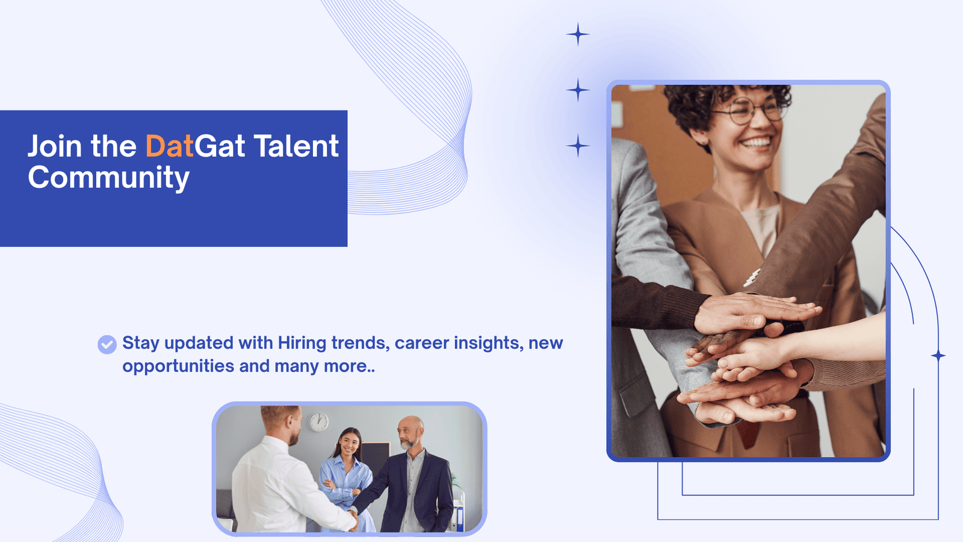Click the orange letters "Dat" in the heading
coord(169,146)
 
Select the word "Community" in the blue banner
coord(109,178)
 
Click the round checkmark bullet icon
coord(107,344)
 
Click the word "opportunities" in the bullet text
coord(178,367)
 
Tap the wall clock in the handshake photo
coord(318,422)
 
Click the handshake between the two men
coord(353,516)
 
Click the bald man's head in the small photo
coord(410,432)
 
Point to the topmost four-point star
coord(578,34)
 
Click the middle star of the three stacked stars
coord(578,90)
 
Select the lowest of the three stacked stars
coord(578,146)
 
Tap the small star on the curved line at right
coord(938,356)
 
